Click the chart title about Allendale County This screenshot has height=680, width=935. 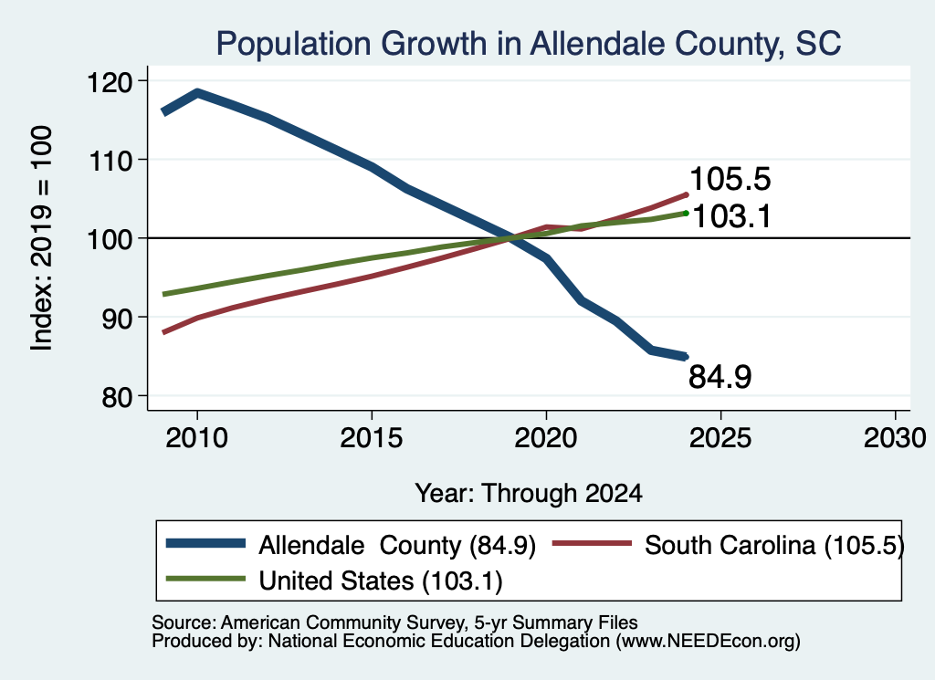[529, 44]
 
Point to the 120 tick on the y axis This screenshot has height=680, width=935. [110, 81]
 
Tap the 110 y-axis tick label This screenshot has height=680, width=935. [110, 161]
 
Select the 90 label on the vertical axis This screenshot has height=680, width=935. [117, 319]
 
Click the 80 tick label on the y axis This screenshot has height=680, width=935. [117, 397]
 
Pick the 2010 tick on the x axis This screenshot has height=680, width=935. [197, 438]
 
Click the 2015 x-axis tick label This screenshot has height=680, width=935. [372, 438]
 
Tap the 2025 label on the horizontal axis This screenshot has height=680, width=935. [720, 438]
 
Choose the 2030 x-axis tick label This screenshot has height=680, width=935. [895, 438]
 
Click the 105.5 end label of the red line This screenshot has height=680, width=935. [730, 179]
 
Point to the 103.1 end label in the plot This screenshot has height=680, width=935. [731, 215]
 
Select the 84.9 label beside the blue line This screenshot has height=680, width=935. [720, 377]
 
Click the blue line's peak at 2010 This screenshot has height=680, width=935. [197, 93]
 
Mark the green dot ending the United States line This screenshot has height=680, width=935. [687, 213]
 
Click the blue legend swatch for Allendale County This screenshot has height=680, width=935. [205, 543]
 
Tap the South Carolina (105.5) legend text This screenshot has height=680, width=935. [774, 545]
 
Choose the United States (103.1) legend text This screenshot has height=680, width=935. [381, 581]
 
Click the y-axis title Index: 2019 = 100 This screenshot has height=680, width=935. [42, 238]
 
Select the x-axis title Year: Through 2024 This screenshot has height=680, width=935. [529, 494]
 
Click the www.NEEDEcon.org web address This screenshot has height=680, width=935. [708, 642]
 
